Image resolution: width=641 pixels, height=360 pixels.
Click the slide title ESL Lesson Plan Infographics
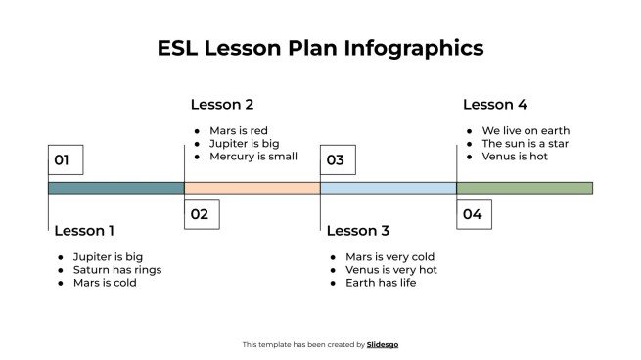pyautogui.click(x=320, y=48)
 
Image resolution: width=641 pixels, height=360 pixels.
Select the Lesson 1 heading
pyautogui.click(x=84, y=231)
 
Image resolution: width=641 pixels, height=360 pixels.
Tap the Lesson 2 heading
pyautogui.click(x=222, y=105)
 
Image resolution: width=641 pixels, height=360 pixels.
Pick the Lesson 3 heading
pyautogui.click(x=357, y=231)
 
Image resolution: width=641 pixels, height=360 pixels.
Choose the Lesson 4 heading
pyautogui.click(x=494, y=105)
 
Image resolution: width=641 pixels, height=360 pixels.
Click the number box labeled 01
pyautogui.click(x=65, y=160)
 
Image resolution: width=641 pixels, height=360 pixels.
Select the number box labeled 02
pyautogui.click(x=201, y=214)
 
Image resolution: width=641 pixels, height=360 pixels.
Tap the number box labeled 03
pyautogui.click(x=337, y=160)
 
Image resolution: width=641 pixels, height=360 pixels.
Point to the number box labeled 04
pyautogui.click(x=474, y=214)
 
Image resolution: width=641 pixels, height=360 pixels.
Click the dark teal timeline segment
pyautogui.click(x=115, y=188)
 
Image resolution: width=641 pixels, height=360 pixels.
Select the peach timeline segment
pyautogui.click(x=252, y=188)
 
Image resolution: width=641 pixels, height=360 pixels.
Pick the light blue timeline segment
pyautogui.click(x=388, y=188)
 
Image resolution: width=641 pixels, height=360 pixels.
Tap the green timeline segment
pyautogui.click(x=525, y=188)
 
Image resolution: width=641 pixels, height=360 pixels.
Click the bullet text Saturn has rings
pyautogui.click(x=116, y=270)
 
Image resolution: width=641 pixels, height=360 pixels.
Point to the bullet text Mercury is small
pyautogui.click(x=252, y=157)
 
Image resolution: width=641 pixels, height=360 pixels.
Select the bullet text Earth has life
pyautogui.click(x=381, y=283)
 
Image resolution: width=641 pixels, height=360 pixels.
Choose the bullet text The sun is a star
pyautogui.click(x=525, y=144)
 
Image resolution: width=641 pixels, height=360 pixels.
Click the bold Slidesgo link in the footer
pyautogui.click(x=383, y=344)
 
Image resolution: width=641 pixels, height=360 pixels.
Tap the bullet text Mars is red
pyautogui.click(x=238, y=131)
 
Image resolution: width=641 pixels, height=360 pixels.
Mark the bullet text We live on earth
pyautogui.click(x=525, y=131)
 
